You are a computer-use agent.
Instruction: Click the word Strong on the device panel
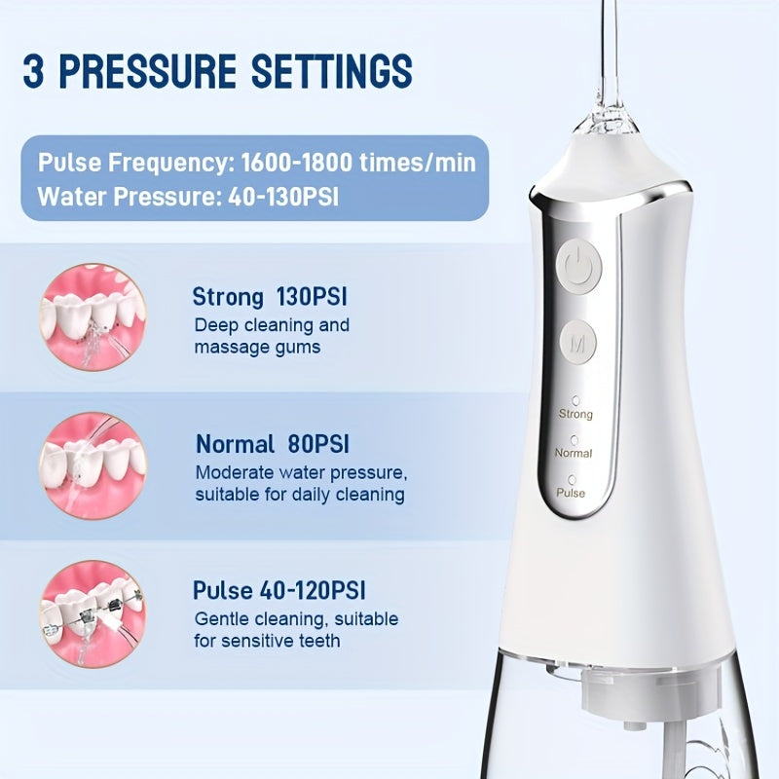[x=575, y=414]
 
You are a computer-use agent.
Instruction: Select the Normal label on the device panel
[x=574, y=453]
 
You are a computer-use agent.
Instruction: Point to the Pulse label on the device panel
[x=571, y=493]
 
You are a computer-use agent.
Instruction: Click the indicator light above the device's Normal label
[x=575, y=438]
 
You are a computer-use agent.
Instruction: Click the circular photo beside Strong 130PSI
[x=92, y=311]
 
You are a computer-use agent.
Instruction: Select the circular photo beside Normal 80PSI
[x=92, y=458]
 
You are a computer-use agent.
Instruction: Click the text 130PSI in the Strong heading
[x=313, y=296]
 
